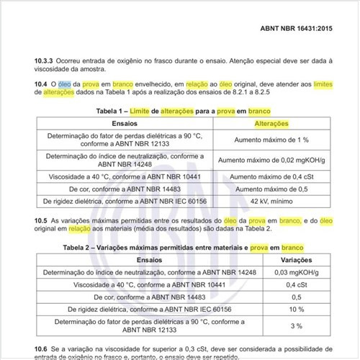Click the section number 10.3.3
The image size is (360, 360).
pyautogui.click(x=46, y=60)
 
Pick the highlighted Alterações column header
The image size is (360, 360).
pyautogui.click(x=272, y=123)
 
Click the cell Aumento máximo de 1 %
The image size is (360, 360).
pyautogui.click(x=272, y=140)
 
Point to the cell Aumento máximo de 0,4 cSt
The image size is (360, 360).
pyautogui.click(x=272, y=176)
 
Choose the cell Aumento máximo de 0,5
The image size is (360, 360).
pyautogui.click(x=272, y=189)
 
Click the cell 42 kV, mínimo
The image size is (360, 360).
pyautogui.click(x=272, y=202)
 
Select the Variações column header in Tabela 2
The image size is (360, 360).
pyautogui.click(x=296, y=258)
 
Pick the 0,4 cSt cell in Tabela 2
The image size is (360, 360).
pyautogui.click(x=296, y=284)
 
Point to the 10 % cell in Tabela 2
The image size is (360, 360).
pyautogui.click(x=296, y=309)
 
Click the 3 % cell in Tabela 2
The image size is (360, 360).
pyautogui.click(x=296, y=326)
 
